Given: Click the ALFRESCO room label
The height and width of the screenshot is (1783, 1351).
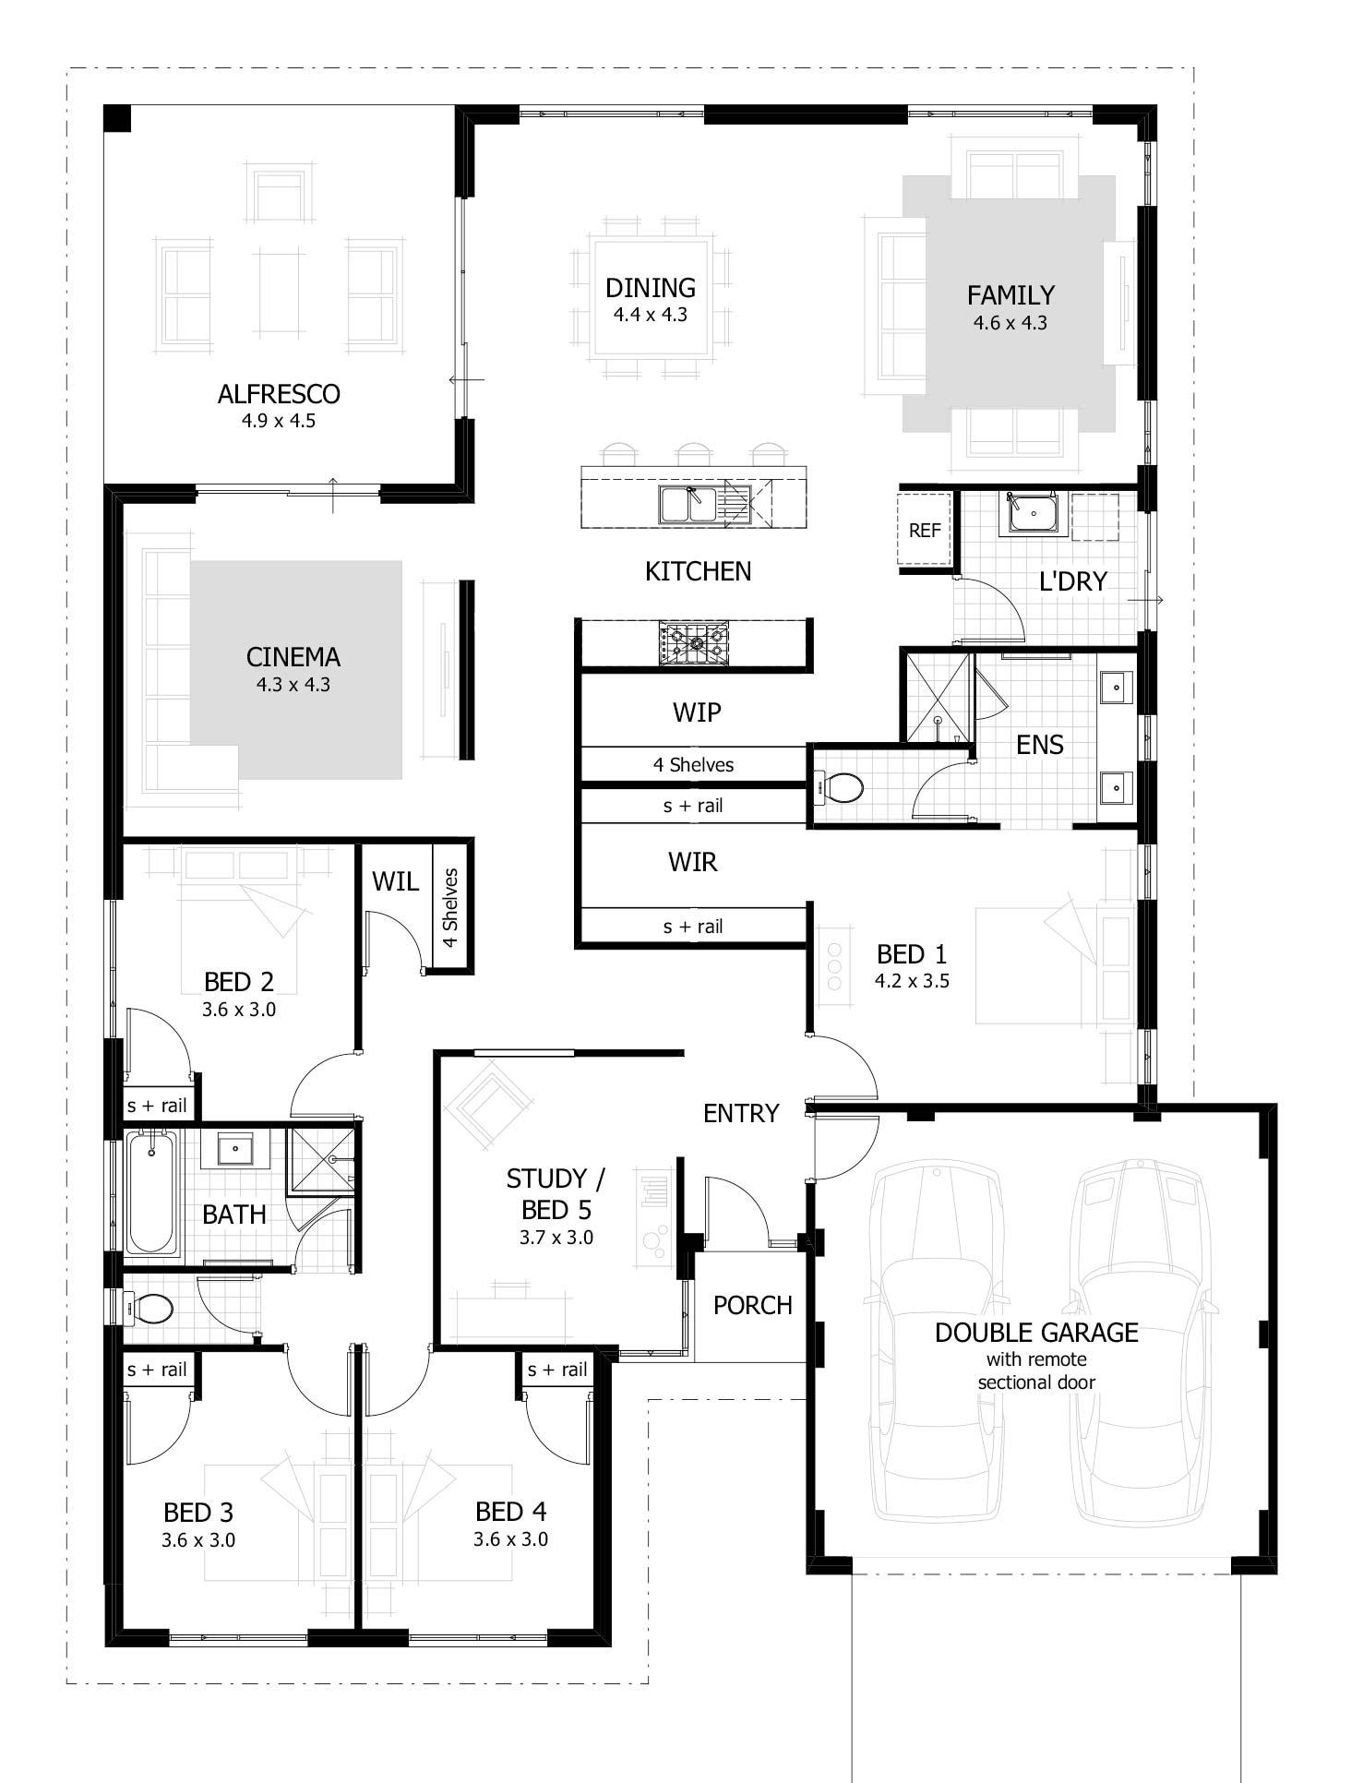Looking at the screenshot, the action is coord(279,394).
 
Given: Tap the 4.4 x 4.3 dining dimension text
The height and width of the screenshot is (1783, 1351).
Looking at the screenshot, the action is coord(651,315).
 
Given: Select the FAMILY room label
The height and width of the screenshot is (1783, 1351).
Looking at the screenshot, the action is coord(1010,295).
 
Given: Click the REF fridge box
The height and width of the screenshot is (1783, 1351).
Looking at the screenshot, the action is coord(925,530).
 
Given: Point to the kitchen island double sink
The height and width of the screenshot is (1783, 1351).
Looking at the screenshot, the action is coord(688,505).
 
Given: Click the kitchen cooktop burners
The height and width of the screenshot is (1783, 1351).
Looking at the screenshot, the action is coord(694,642).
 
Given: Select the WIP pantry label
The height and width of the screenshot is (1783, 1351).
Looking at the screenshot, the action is coord(697,712).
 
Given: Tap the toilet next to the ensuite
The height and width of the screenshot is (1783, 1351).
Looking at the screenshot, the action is coord(839,788).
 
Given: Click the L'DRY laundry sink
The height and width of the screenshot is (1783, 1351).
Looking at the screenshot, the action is coord(1033,512).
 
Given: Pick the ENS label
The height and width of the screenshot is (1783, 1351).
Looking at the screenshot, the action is coord(1040,745).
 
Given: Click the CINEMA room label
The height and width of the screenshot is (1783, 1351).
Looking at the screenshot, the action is coord(293,657).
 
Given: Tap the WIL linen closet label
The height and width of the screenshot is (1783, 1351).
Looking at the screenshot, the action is coord(395,881).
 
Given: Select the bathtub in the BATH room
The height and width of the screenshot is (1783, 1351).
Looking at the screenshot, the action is coord(152,1191).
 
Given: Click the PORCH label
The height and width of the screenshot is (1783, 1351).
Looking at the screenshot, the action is coord(753,1305).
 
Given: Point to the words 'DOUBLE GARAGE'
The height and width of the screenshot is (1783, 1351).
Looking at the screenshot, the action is coord(1036,1333).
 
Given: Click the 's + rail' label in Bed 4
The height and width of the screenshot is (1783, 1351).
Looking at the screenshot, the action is coord(557,1370).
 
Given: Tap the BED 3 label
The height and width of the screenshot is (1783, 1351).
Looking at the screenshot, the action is coord(198,1513).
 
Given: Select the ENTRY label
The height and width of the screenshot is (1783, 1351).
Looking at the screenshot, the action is coord(741,1114).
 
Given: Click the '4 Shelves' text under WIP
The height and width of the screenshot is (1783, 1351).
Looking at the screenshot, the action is coord(694,765).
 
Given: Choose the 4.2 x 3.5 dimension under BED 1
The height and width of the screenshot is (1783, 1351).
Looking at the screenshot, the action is coord(912,981).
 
